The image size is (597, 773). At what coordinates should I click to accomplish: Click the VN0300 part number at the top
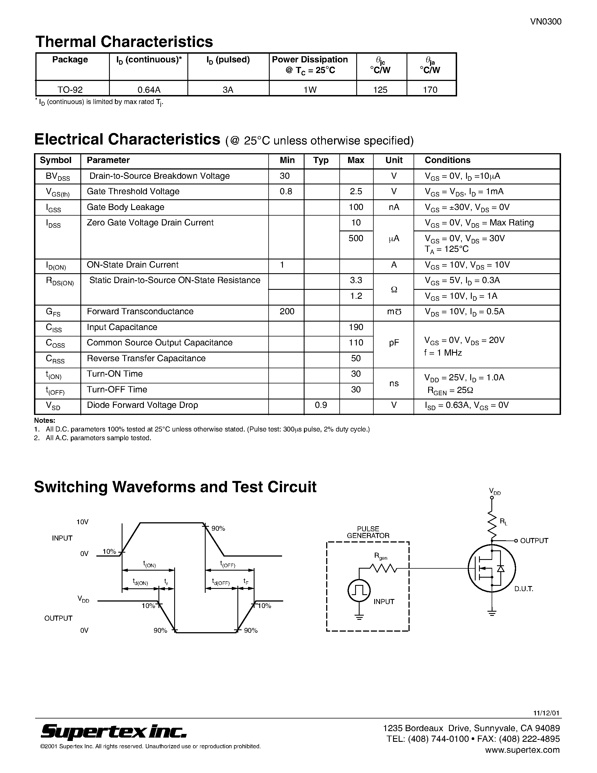545,22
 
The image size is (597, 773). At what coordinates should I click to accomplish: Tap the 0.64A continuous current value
149,90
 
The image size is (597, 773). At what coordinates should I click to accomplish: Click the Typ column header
321,160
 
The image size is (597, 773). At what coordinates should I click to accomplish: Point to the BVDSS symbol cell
58,177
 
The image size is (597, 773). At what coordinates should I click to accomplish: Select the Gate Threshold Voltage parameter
133,191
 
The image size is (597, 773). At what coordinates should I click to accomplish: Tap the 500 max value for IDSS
356,238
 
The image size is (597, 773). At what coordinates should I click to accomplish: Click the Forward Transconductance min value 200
287,311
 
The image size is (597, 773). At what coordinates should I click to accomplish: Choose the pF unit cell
394,343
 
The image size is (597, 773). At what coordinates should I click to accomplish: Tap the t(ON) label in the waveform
149,564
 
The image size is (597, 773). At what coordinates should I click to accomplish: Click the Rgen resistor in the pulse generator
383,568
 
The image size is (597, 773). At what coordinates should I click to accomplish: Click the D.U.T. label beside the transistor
524,589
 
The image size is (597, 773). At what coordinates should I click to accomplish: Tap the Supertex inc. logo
114,731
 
